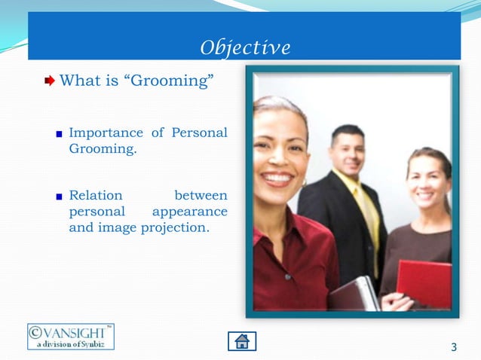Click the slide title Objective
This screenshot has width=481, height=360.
245,47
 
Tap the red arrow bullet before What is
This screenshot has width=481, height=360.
50,80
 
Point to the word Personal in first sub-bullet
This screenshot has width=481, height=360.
199,133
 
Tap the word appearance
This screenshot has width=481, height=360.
189,211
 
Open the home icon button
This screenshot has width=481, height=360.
242,340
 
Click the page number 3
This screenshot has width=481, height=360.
453,347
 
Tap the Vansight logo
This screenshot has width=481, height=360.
71,337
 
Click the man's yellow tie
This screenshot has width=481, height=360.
369,218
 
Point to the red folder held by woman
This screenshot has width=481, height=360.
424,283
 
